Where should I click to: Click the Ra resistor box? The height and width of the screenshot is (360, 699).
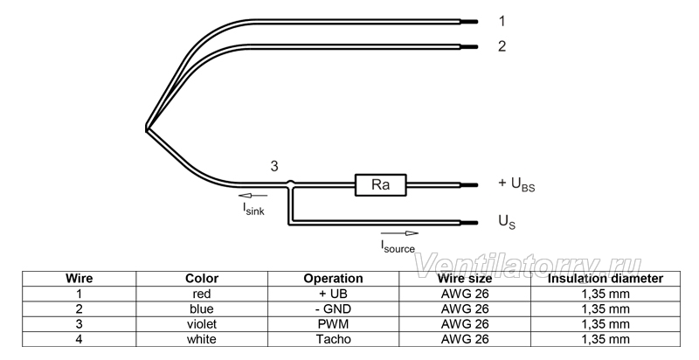point(381,185)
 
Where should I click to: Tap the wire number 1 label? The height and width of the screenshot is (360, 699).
point(502,21)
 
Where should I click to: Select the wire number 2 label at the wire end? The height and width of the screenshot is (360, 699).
point(502,46)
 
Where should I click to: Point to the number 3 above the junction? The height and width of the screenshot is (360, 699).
point(274,166)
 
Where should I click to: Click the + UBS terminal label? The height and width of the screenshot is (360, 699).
point(516,184)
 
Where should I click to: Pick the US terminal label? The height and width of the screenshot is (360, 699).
point(507,221)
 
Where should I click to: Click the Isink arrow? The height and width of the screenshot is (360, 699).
point(253,195)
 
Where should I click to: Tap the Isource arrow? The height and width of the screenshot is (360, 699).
point(400,233)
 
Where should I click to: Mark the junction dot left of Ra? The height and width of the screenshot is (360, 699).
point(290,183)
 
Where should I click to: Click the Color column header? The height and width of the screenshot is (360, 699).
point(202,279)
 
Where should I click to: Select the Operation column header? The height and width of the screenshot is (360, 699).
point(333,279)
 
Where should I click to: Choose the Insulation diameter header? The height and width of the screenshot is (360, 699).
point(606,279)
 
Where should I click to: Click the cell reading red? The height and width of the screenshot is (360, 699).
point(202,294)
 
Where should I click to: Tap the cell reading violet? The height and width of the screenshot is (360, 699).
point(202,324)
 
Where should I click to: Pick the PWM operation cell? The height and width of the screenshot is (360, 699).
point(333,324)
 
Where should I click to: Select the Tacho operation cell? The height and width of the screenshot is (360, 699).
point(334,339)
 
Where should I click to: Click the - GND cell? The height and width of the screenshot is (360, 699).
point(333,308)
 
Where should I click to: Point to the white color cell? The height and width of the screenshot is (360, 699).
point(202,339)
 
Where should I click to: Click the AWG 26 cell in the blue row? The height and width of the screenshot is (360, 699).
point(465,308)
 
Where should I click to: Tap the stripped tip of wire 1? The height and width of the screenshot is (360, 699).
point(469,21)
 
